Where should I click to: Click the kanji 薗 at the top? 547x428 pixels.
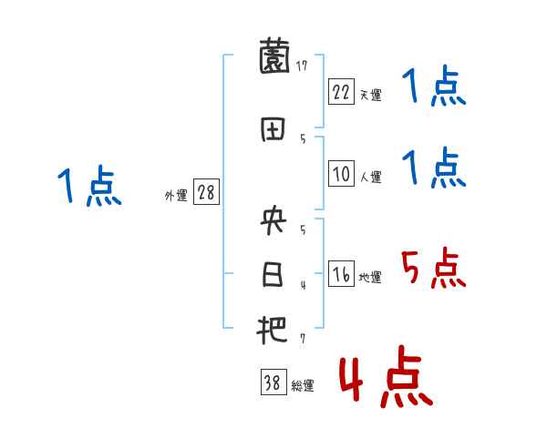273,60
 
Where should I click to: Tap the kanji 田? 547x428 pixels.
273,128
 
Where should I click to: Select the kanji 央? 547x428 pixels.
273,221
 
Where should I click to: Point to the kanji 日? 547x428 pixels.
273,274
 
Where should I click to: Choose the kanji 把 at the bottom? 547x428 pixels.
273,329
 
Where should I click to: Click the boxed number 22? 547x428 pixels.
342,91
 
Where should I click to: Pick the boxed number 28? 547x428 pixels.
207,193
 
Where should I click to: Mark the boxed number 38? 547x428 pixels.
273,383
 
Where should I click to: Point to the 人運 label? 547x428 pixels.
370,178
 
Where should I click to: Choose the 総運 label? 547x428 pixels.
302,386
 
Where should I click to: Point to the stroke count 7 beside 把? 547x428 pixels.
302,339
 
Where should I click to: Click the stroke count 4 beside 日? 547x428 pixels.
302,285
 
